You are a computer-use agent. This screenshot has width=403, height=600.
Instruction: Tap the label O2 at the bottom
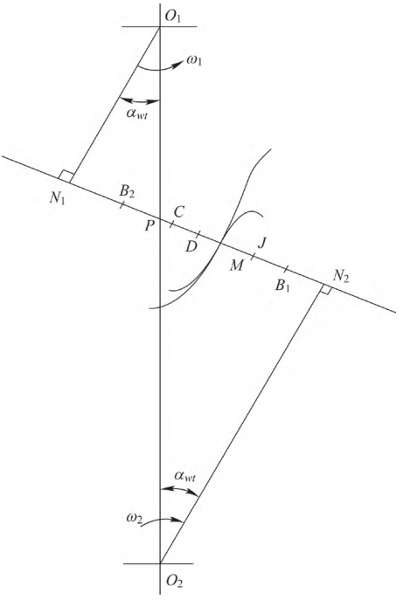(175, 582)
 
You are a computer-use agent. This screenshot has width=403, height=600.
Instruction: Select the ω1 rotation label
(194, 61)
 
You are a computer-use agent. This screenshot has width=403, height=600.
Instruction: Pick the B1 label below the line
(282, 286)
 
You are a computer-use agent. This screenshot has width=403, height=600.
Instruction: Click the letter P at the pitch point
(149, 226)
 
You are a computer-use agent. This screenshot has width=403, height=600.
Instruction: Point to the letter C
(178, 211)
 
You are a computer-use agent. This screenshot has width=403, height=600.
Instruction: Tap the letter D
(191, 247)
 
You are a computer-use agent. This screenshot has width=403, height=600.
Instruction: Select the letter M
(236, 266)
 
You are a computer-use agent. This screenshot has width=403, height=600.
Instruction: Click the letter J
(261, 243)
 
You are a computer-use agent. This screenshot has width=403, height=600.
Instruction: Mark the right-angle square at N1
(66, 176)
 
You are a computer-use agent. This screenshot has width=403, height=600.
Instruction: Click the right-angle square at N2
(325, 291)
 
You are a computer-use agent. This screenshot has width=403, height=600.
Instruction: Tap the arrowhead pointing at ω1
(177, 66)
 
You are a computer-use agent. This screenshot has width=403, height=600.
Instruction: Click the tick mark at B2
(122, 204)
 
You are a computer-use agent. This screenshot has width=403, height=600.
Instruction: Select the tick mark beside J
(253, 256)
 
